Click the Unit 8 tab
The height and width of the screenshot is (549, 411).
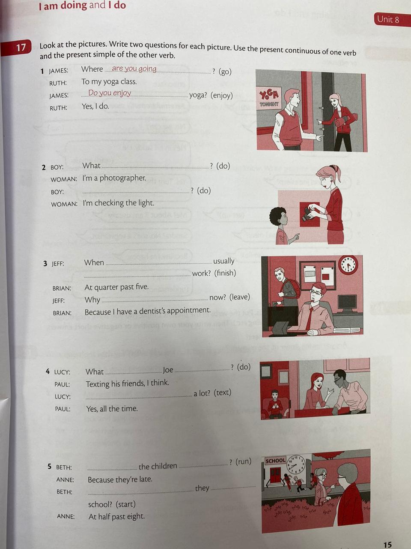click(x=392, y=19)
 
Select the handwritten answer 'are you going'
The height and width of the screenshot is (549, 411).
click(x=134, y=69)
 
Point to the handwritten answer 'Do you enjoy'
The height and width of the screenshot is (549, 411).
click(x=110, y=93)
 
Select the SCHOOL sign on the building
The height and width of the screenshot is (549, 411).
click(x=275, y=461)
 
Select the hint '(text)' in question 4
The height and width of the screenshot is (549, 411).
click(x=222, y=392)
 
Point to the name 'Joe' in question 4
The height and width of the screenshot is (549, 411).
click(x=168, y=370)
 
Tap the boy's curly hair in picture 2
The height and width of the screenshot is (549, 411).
click(x=277, y=216)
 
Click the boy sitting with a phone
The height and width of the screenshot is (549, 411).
click(x=274, y=404)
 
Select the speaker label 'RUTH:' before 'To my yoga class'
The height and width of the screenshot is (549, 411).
click(x=58, y=83)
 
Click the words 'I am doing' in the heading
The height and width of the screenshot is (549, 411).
click(x=63, y=6)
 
